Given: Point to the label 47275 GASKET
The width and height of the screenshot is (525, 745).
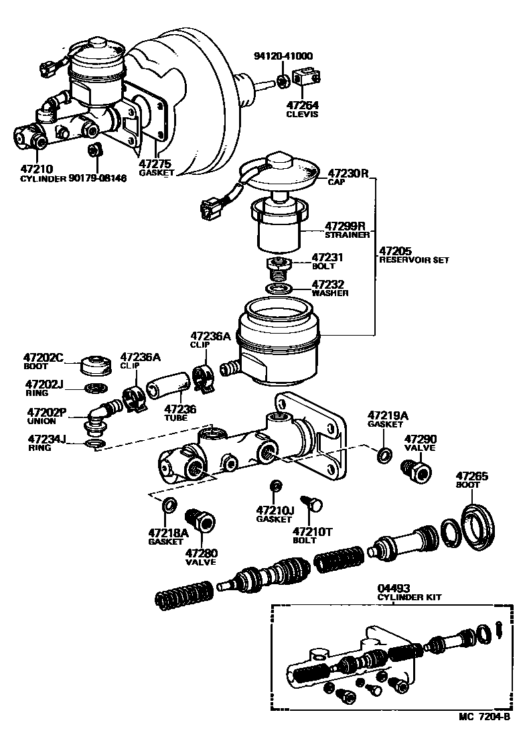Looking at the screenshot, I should (x=155, y=167).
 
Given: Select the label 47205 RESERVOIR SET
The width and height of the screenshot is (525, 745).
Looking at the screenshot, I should (x=412, y=255).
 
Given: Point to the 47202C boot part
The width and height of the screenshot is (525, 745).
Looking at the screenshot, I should (x=94, y=366).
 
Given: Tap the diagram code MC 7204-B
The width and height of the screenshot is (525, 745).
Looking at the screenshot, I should (x=485, y=735).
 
